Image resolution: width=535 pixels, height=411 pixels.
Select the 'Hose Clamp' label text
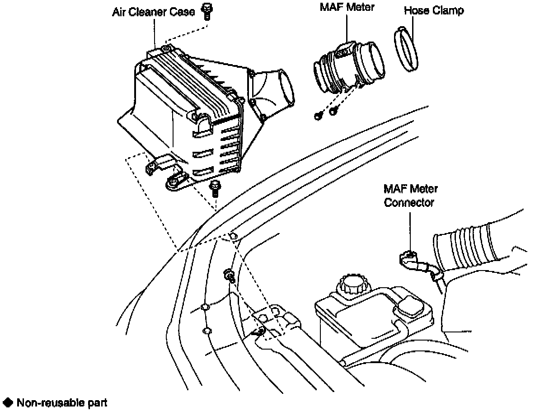coord(434,11)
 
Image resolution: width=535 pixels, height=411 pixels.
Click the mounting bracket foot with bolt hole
coord(174,183)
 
